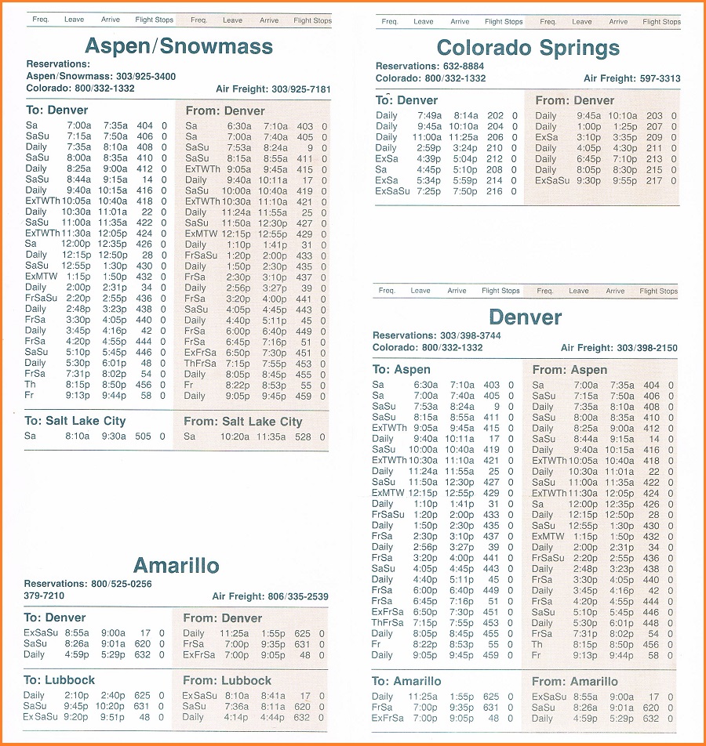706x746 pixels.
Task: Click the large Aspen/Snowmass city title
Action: tap(179, 45)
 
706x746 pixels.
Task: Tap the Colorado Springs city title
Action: tap(528, 49)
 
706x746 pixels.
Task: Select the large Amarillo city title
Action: tap(176, 566)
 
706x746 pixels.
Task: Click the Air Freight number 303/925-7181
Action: tap(301, 89)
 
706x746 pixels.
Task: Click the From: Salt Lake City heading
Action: tap(243, 422)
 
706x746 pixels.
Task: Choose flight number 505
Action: tap(144, 436)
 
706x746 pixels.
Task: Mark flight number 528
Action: tap(304, 436)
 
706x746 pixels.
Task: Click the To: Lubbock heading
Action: tap(59, 680)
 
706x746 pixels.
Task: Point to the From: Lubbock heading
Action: tap(227, 680)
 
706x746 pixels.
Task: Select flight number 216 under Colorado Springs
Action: tap(495, 190)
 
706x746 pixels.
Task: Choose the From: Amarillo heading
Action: tap(575, 681)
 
